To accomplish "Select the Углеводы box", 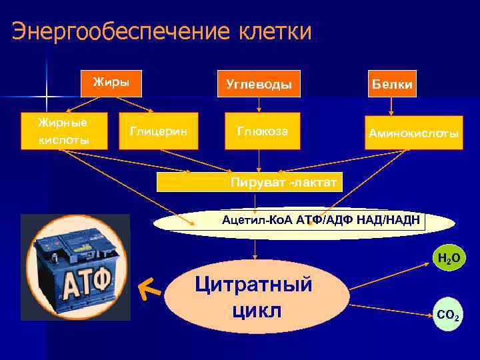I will point(259,85).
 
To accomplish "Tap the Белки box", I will point(392,84).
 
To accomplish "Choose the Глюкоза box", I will point(263,131).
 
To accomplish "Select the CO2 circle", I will point(447,314).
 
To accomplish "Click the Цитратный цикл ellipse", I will point(256,297).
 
